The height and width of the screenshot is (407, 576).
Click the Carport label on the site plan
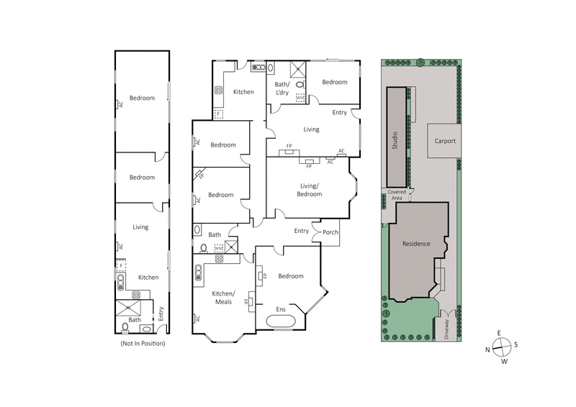[445, 142]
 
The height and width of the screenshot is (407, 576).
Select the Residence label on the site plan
[416, 244]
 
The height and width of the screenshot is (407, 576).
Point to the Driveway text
[446, 331]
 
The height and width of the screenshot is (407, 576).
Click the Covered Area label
[397, 195]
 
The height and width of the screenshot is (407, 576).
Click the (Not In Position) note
[143, 344]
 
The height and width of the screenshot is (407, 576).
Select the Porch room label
[330, 232]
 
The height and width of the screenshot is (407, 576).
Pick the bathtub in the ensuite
[279, 323]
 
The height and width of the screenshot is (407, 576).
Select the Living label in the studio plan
[140, 227]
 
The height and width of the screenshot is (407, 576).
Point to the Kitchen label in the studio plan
[148, 277]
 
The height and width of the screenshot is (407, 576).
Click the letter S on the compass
[516, 344]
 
